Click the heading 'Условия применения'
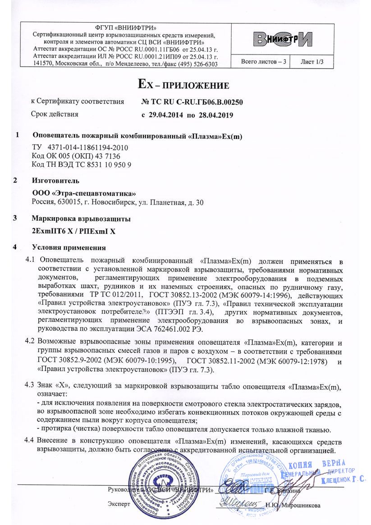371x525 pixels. [69, 247]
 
